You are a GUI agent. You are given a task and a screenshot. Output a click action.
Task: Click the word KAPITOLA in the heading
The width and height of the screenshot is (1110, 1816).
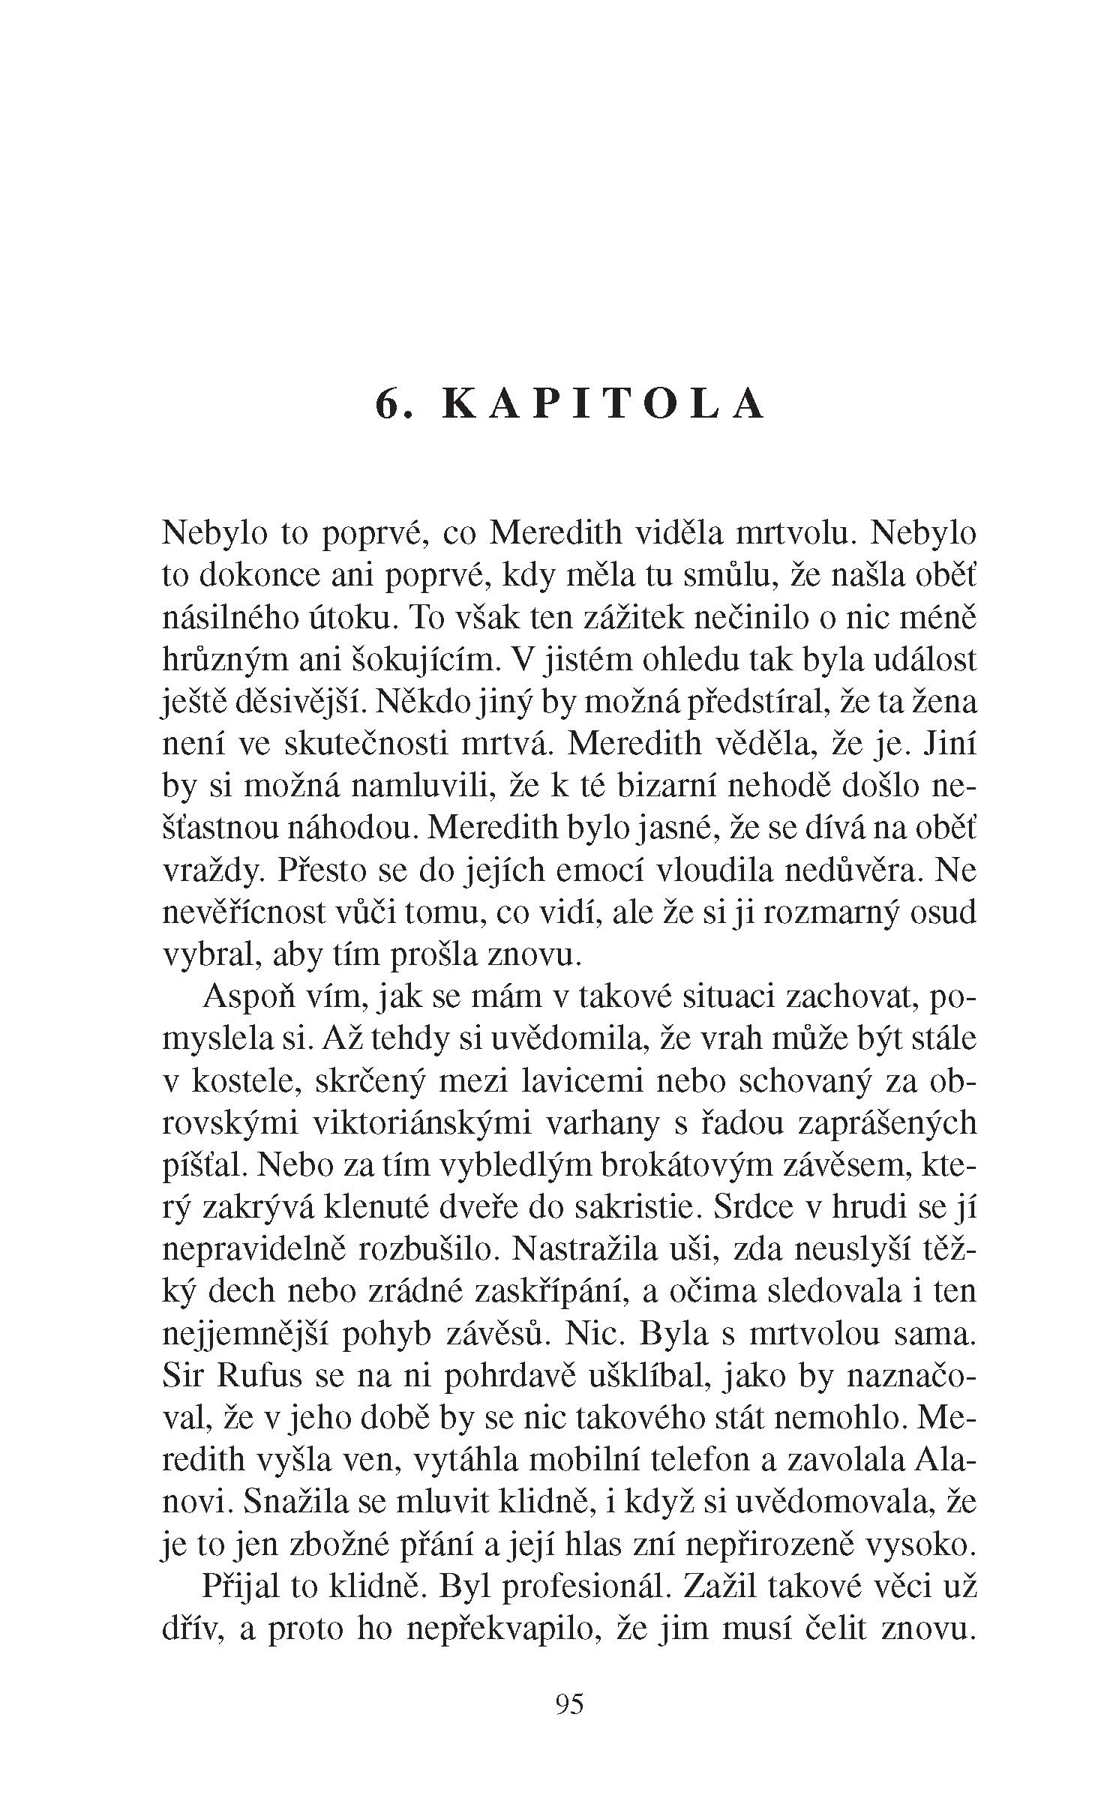[x=604, y=404]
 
